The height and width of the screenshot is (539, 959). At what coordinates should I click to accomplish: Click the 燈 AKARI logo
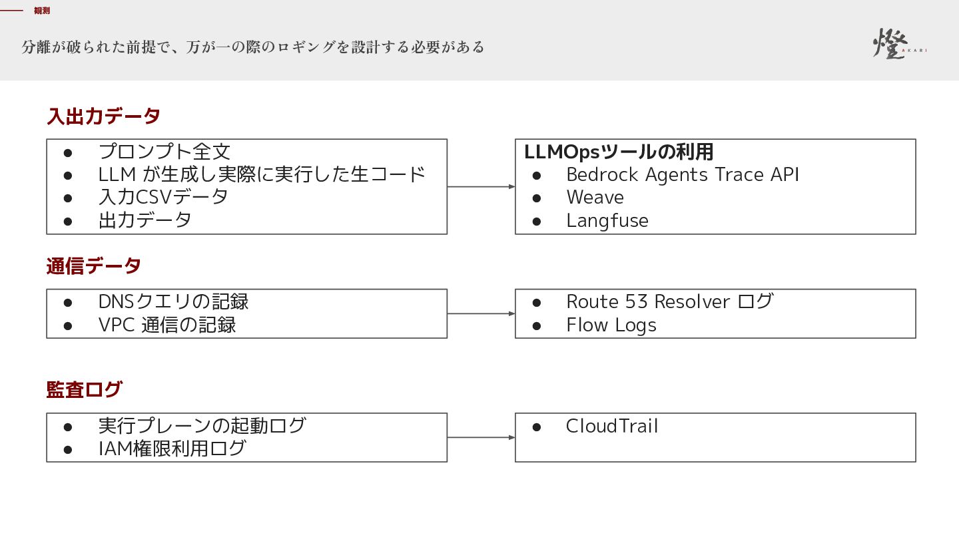coord(900,43)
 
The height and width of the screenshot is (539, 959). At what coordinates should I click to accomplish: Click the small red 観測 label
coord(42,11)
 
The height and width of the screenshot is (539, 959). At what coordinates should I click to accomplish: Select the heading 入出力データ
coord(104,116)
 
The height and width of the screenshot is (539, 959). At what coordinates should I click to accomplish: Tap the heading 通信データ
coord(94,266)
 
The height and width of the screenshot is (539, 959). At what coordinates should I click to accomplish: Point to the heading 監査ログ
coord(85,390)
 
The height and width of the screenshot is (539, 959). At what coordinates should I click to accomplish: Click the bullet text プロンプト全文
coord(164,152)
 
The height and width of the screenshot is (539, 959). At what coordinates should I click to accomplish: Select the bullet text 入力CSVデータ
coord(163,197)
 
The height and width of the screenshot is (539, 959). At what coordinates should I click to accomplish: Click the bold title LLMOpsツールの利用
coord(619,152)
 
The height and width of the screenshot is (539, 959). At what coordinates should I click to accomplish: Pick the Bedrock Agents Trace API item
coord(683,174)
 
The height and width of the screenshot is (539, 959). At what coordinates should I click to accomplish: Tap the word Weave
coord(595,197)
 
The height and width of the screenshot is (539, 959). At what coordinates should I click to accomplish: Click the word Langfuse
coord(607,221)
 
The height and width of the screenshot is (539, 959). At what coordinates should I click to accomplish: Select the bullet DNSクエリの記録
coord(173,301)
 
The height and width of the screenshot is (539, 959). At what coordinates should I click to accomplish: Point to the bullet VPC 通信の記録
coord(167,325)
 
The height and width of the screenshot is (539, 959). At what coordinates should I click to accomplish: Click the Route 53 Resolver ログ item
coord(670,301)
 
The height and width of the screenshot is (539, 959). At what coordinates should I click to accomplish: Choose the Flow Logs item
coord(611,325)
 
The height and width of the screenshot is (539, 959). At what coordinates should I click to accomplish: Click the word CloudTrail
coord(612,426)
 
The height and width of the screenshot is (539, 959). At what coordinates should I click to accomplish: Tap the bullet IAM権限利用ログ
coord(172,449)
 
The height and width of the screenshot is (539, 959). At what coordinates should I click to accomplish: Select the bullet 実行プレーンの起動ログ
coord(202,426)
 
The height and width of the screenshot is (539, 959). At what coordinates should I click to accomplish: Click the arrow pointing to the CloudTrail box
coord(481,437)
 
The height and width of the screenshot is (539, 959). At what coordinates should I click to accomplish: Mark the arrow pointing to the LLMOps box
coord(481,186)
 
